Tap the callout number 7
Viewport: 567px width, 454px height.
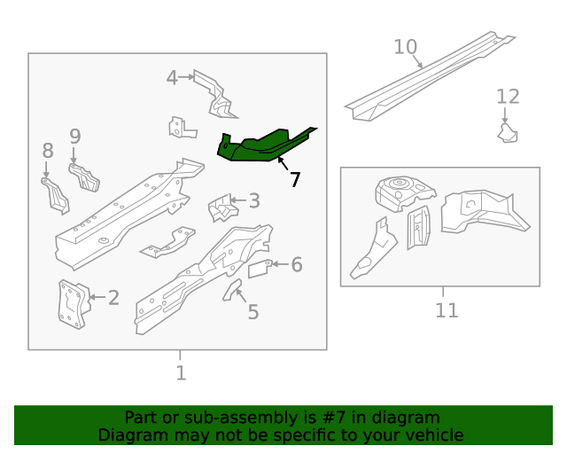tap(294, 180)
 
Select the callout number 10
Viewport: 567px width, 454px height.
tap(405, 47)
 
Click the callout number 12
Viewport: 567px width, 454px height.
tap(508, 97)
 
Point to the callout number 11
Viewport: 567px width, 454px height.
tap(447, 310)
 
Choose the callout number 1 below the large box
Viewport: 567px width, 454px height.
tap(181, 373)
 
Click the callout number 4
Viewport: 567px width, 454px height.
tap(172, 78)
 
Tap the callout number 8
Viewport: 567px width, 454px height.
tap(48, 151)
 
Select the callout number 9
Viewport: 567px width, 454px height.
tap(75, 137)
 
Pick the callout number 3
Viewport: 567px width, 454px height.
tap(253, 201)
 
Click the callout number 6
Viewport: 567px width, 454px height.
tap(297, 264)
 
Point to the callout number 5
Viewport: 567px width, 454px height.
tap(252, 311)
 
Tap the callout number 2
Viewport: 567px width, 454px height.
tap(113, 298)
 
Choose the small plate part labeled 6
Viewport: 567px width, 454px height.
tap(258, 269)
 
